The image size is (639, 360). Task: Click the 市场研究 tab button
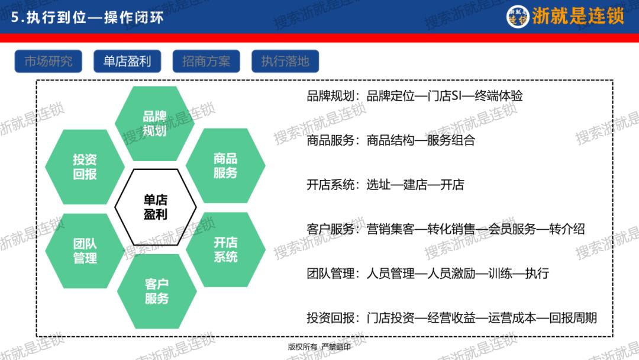coord(49,62)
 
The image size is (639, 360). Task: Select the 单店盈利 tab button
coord(127,62)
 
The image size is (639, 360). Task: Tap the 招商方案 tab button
coord(206,62)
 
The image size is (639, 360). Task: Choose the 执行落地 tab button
coord(285,62)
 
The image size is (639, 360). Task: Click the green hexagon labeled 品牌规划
coord(154,123)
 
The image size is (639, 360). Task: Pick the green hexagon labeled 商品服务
coord(225,166)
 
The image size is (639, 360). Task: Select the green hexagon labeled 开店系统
coord(225,249)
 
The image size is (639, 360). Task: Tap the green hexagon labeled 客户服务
coord(157,291)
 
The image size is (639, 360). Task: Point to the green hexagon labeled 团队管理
coord(85,250)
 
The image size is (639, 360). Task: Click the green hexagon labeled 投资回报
coord(85,166)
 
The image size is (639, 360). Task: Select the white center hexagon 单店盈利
coord(155,207)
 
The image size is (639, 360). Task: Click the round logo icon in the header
coord(518,17)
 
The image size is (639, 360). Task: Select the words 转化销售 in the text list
coord(450,229)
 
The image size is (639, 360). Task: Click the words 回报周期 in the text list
coord(573,318)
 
